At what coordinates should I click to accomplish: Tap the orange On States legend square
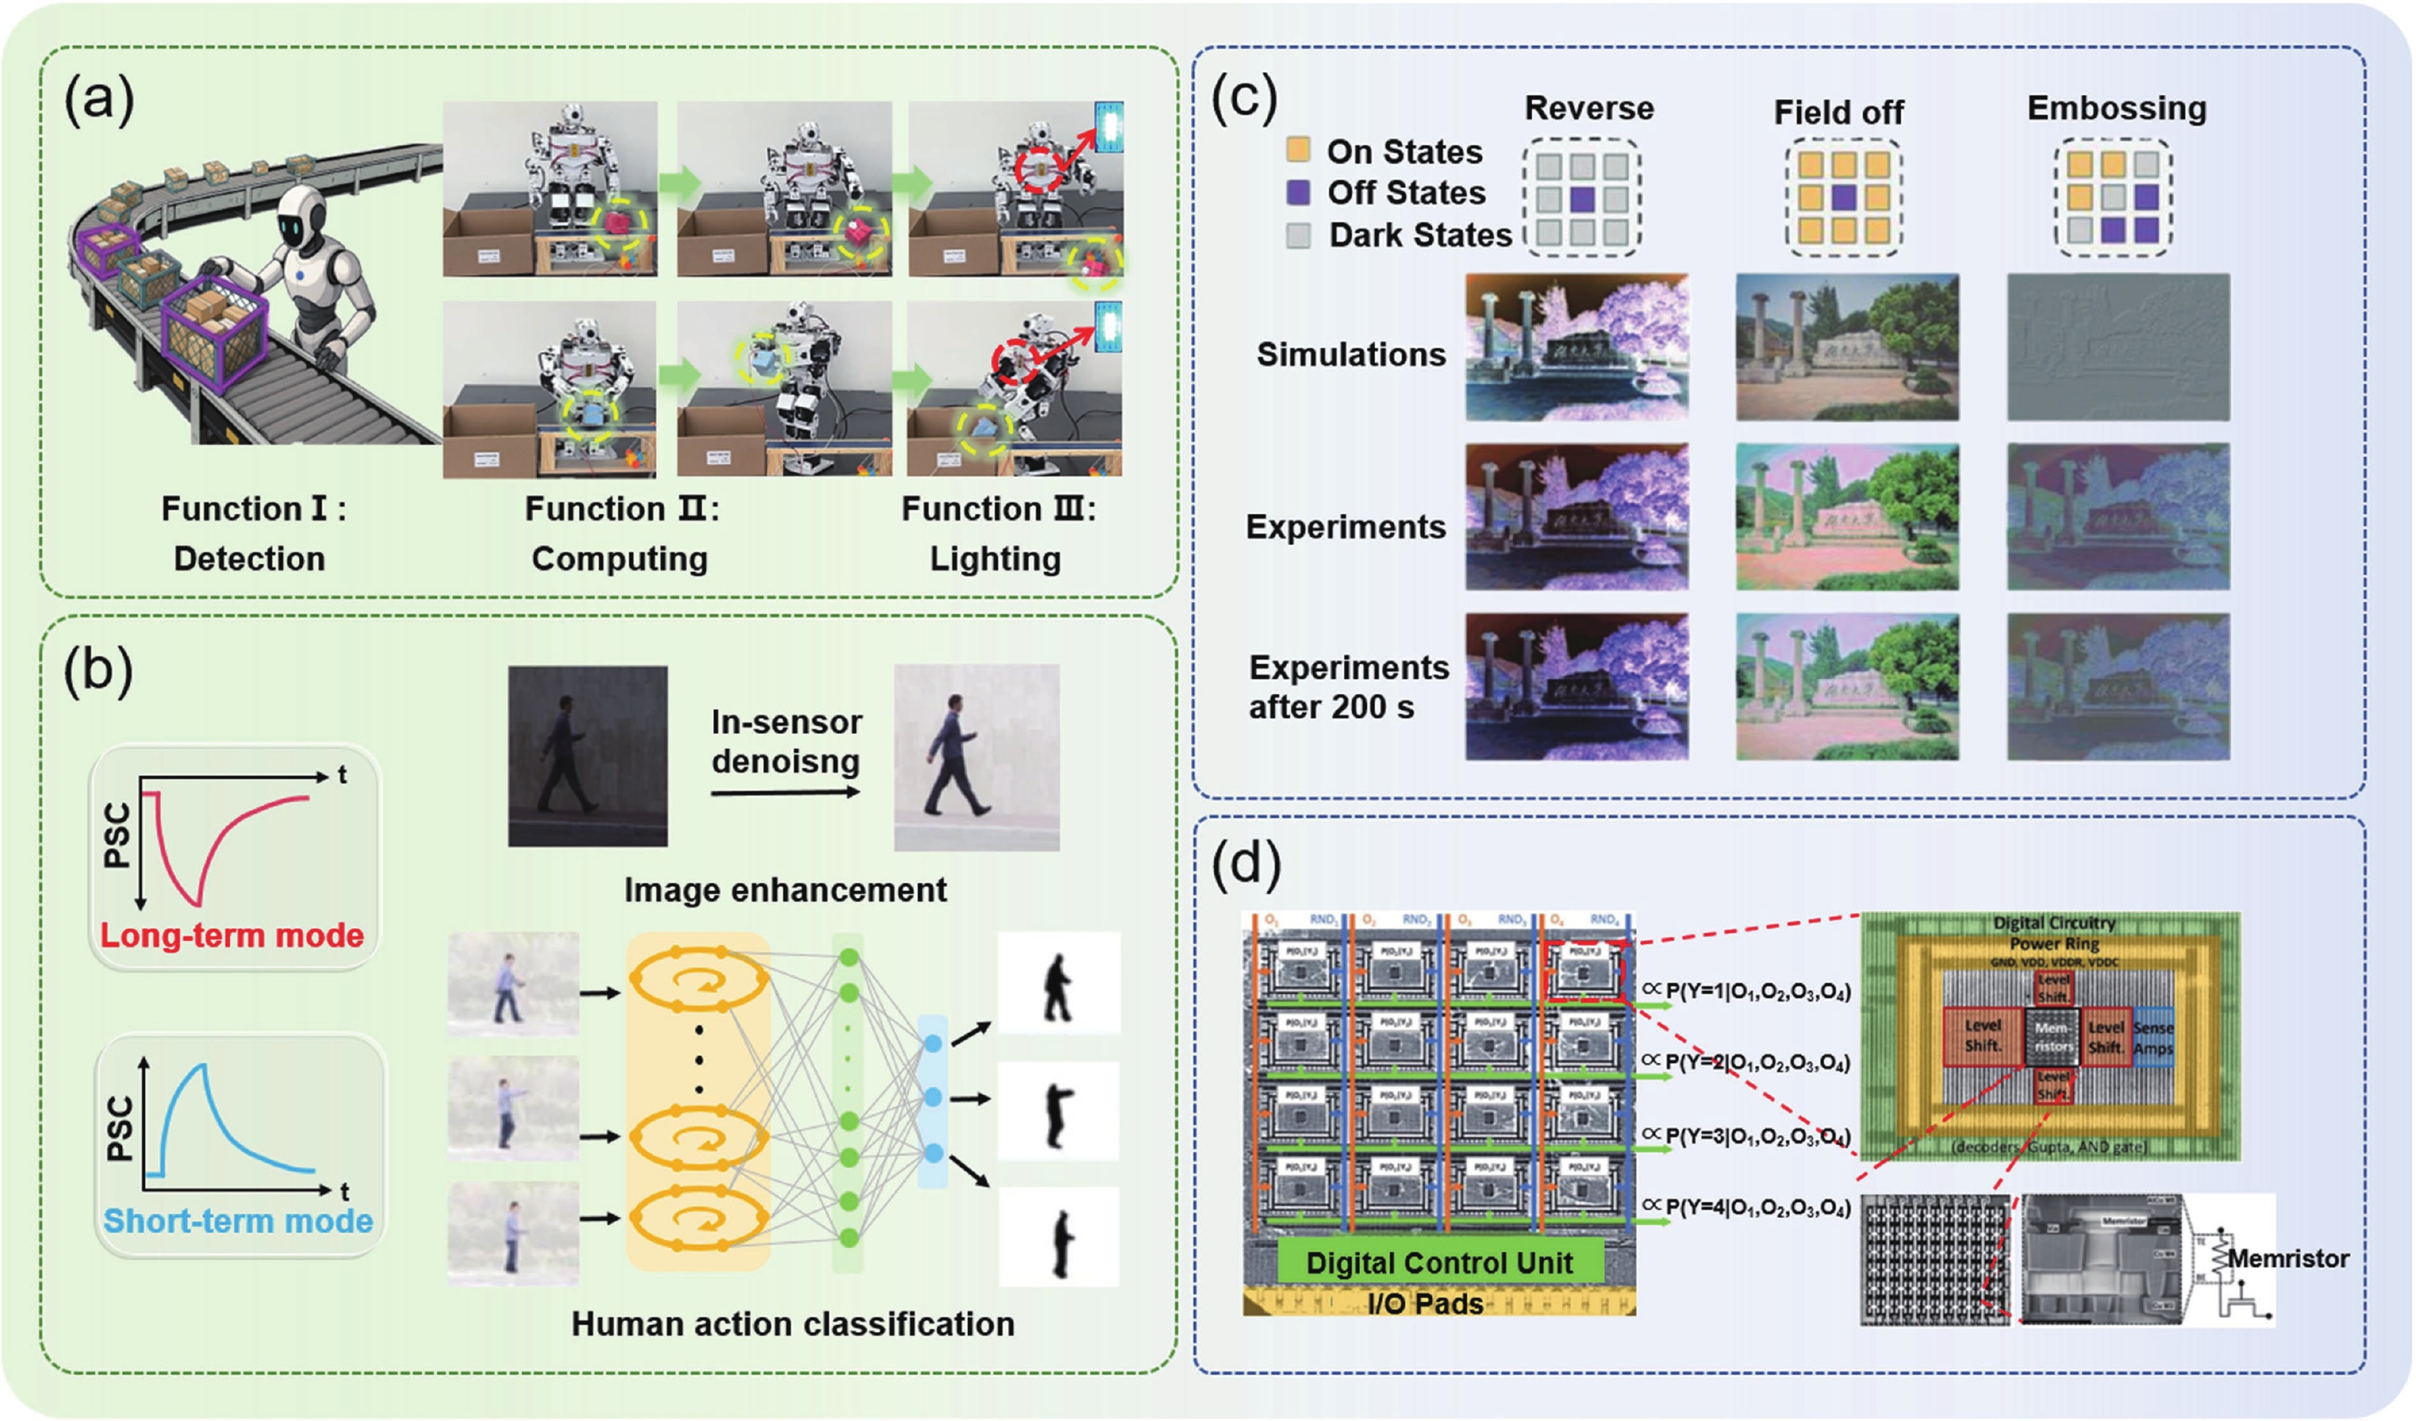tap(1298, 150)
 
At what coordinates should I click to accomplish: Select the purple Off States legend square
tap(1298, 192)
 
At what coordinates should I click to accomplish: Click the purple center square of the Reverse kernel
tap(1582, 199)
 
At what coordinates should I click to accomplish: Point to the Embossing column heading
tap(2116, 108)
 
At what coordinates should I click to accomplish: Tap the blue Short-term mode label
tap(238, 1221)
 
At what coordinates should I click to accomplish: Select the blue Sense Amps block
tap(2152, 1038)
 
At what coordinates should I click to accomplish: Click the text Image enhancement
tap(785, 890)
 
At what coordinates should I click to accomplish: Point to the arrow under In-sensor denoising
tap(785, 793)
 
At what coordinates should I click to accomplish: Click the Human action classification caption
tap(793, 1324)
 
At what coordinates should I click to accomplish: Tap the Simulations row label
tap(1351, 355)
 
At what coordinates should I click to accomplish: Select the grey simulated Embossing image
tap(2118, 347)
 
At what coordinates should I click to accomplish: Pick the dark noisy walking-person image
tap(588, 755)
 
